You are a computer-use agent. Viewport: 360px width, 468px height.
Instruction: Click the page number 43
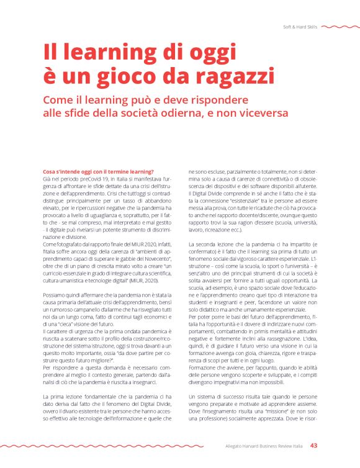click(314, 445)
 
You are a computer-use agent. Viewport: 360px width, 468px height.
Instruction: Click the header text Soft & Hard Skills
click(300, 27)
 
